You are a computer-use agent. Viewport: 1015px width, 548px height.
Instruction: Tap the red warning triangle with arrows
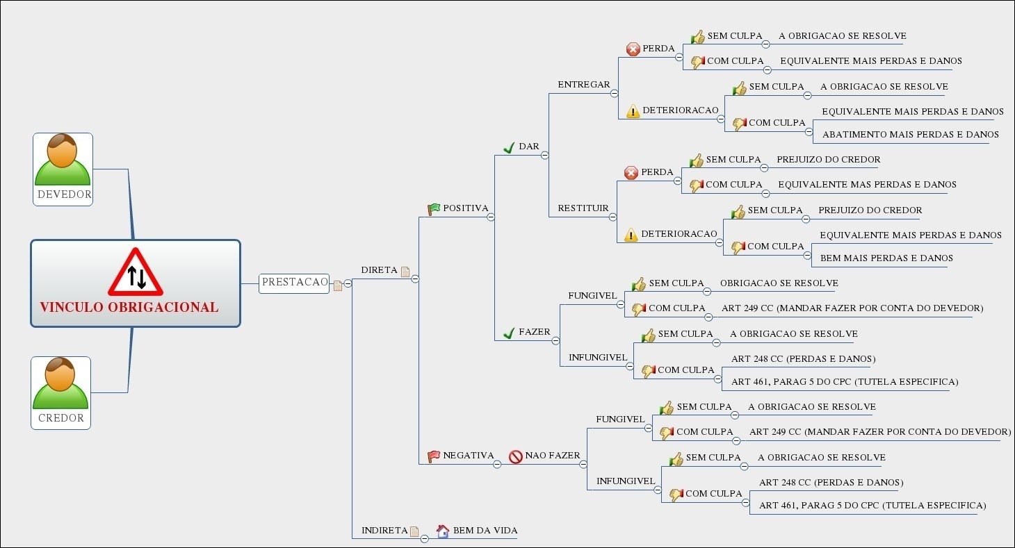pos(136,273)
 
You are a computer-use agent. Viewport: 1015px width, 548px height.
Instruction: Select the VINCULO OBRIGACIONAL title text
pos(129,307)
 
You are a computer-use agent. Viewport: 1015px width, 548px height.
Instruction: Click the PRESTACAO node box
pos(294,283)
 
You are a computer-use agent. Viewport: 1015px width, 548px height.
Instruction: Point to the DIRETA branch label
pos(379,269)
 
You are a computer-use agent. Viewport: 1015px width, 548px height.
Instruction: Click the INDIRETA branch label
pos(384,531)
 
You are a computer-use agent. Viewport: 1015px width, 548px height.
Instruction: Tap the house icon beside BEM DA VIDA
pos(443,531)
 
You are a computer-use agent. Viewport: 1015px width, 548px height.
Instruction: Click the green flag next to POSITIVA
pos(434,208)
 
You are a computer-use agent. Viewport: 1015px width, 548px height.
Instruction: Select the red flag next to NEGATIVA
pos(434,456)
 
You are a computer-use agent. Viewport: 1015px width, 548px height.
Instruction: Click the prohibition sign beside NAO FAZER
pos(516,456)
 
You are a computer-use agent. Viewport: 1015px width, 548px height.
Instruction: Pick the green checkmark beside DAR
pos(508,147)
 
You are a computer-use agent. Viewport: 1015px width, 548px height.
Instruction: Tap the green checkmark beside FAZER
pos(508,333)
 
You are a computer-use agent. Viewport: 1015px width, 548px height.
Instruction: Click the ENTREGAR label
pos(583,85)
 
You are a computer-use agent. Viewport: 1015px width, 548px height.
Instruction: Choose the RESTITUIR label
pos(583,208)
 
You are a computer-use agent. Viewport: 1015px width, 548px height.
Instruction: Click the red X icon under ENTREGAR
pos(633,49)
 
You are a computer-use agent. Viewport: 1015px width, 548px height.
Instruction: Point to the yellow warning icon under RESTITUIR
pos(631,235)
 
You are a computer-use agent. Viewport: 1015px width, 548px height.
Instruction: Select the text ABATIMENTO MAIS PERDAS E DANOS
pos(910,134)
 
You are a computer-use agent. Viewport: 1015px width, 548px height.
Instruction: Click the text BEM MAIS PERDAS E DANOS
pos(886,258)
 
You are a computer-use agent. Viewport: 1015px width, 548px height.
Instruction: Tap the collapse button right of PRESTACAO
pos(348,283)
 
